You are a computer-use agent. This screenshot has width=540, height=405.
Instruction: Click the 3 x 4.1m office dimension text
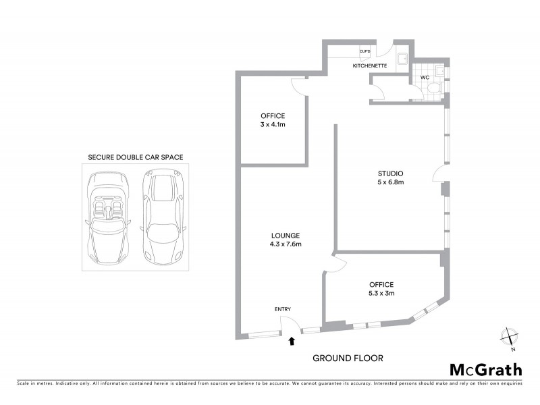[273, 125]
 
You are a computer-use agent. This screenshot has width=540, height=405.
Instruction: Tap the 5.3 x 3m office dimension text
[381, 293]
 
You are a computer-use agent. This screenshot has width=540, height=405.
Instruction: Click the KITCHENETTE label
[369, 66]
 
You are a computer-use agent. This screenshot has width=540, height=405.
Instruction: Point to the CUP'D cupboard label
[365, 52]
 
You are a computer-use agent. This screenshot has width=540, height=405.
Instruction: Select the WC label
[425, 78]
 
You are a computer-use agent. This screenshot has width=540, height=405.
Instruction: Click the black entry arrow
[292, 342]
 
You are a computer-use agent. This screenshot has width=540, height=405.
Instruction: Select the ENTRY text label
[283, 308]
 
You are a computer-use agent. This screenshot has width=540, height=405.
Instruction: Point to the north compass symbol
[509, 335]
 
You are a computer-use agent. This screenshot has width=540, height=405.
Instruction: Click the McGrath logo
[485, 369]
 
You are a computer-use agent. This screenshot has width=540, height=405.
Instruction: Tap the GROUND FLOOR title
[347, 358]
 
